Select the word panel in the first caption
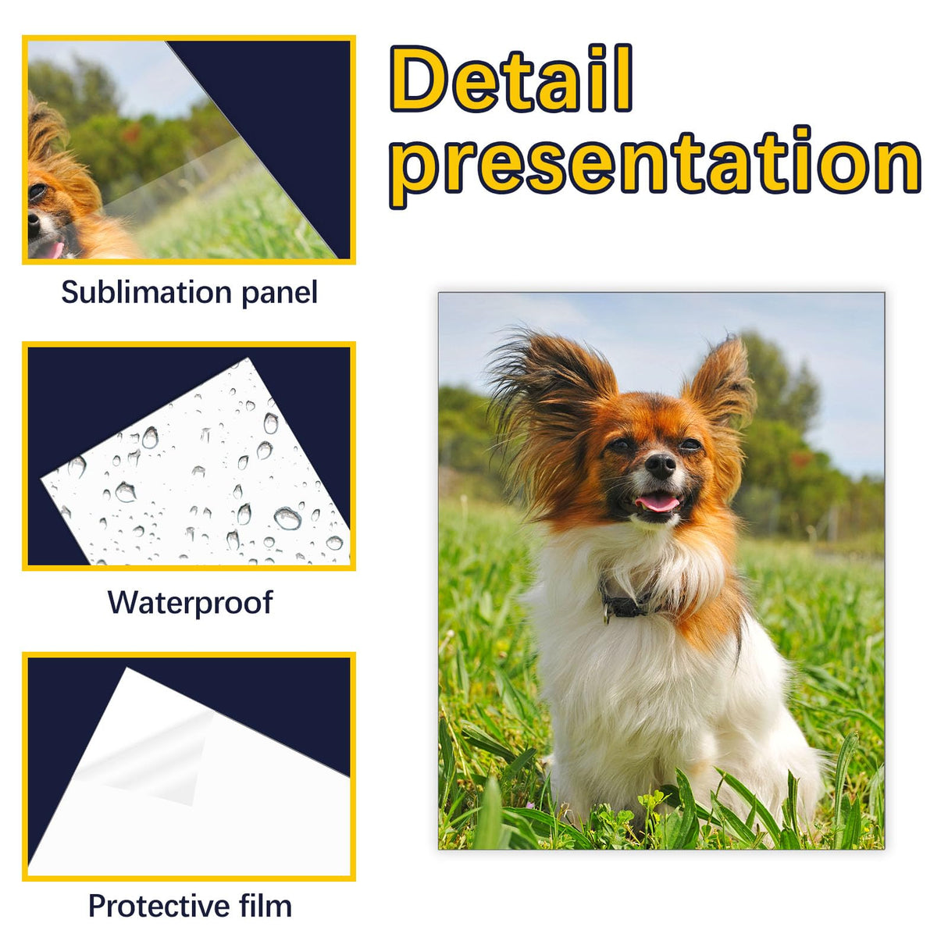point(279,293)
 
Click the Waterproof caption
point(190,602)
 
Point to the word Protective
point(159,906)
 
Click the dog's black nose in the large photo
point(661,465)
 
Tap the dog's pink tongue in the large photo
point(658,502)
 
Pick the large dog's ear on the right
point(723,383)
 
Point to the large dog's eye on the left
point(620,445)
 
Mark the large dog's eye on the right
point(690,444)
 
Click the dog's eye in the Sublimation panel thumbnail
point(36,191)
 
